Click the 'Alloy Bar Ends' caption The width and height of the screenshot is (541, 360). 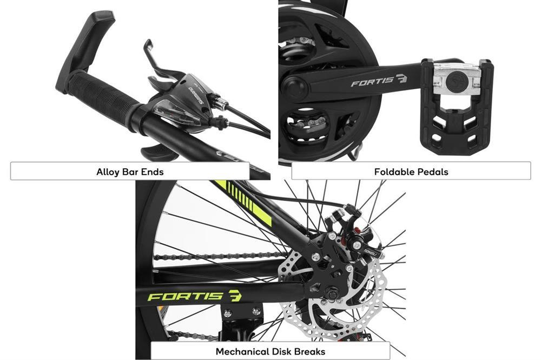coord(130,172)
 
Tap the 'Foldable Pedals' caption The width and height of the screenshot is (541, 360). coord(411,172)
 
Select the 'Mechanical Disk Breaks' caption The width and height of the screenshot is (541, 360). coord(270,352)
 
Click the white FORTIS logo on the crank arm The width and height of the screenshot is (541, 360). coord(379,81)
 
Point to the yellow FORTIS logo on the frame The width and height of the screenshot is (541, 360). coord(195,296)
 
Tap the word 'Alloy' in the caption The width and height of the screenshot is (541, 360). coord(107,172)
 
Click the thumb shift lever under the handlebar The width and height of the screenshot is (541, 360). coord(158,152)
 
